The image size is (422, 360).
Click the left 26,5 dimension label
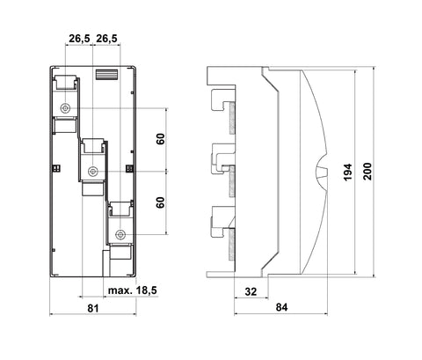[79, 39]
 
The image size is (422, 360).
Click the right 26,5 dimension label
[106, 39]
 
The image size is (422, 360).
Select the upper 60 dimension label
[160, 139]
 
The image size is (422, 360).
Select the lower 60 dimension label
[160, 202]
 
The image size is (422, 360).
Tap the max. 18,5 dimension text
[133, 290]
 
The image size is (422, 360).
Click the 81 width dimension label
[93, 308]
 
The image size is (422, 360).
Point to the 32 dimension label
[251, 291]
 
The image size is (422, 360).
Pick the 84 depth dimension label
[281, 307]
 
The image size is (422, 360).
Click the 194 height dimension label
[347, 173]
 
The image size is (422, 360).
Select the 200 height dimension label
[367, 172]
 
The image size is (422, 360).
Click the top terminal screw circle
[65, 108]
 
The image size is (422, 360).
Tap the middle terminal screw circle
[92, 171]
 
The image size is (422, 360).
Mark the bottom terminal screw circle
[120, 235]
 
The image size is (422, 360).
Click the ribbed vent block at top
[107, 74]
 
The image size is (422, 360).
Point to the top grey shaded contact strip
[232, 118]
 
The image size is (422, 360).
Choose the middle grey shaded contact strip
[232, 181]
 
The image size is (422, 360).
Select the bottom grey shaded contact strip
[232, 245]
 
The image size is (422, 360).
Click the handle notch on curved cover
[322, 173]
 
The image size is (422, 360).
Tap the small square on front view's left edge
[56, 168]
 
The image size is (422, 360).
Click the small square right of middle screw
[129, 168]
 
